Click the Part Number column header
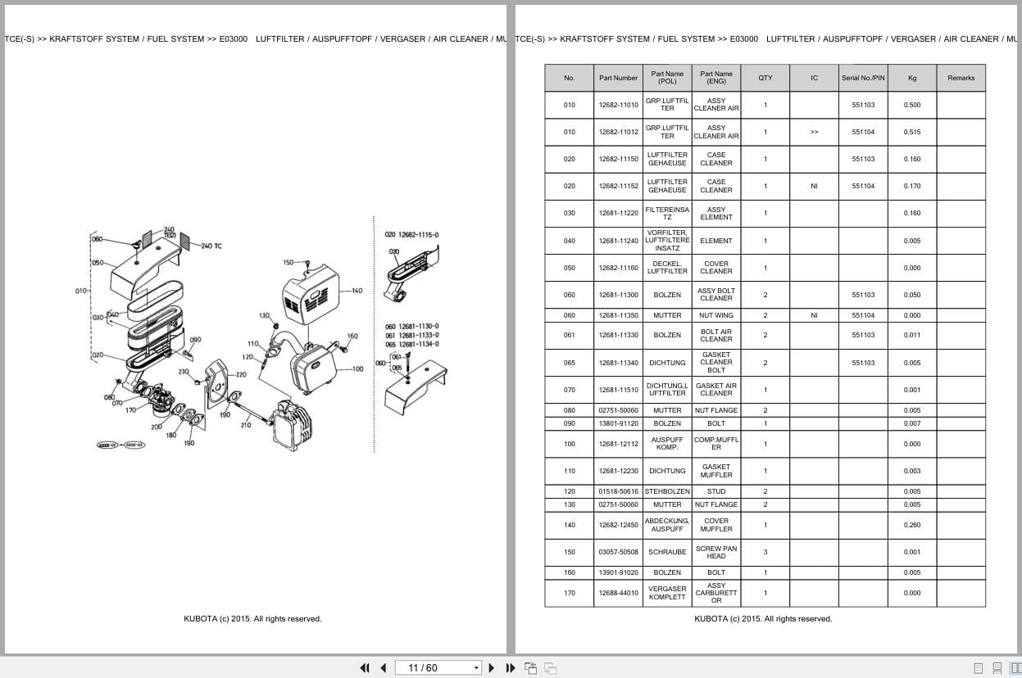618,78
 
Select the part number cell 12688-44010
618,593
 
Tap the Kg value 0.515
911,132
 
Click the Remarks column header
961,78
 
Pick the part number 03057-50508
618,552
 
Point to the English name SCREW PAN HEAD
715,552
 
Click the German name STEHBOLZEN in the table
667,491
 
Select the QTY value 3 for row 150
765,552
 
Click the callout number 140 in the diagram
357,291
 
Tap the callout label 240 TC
211,246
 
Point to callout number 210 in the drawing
245,425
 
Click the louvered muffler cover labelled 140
310,295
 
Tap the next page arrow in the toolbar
492,667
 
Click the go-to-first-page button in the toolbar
365,667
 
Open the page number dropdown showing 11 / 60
438,667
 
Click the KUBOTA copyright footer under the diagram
252,619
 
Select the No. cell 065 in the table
569,363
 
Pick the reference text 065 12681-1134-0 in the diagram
411,344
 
